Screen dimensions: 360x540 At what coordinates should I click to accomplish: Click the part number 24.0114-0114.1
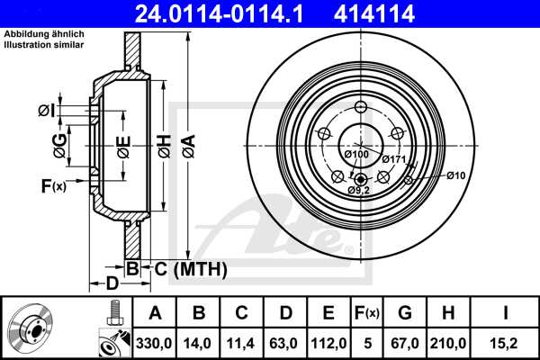[233, 13]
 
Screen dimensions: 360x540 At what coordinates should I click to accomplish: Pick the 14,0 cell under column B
[199, 343]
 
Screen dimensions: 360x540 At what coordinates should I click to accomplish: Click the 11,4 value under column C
[242, 343]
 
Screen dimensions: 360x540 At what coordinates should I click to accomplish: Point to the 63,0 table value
[285, 343]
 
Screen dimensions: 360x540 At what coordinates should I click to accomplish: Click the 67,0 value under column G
[405, 343]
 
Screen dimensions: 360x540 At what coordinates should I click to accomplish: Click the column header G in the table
[405, 313]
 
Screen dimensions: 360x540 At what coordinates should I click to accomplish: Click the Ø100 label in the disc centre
[358, 155]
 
